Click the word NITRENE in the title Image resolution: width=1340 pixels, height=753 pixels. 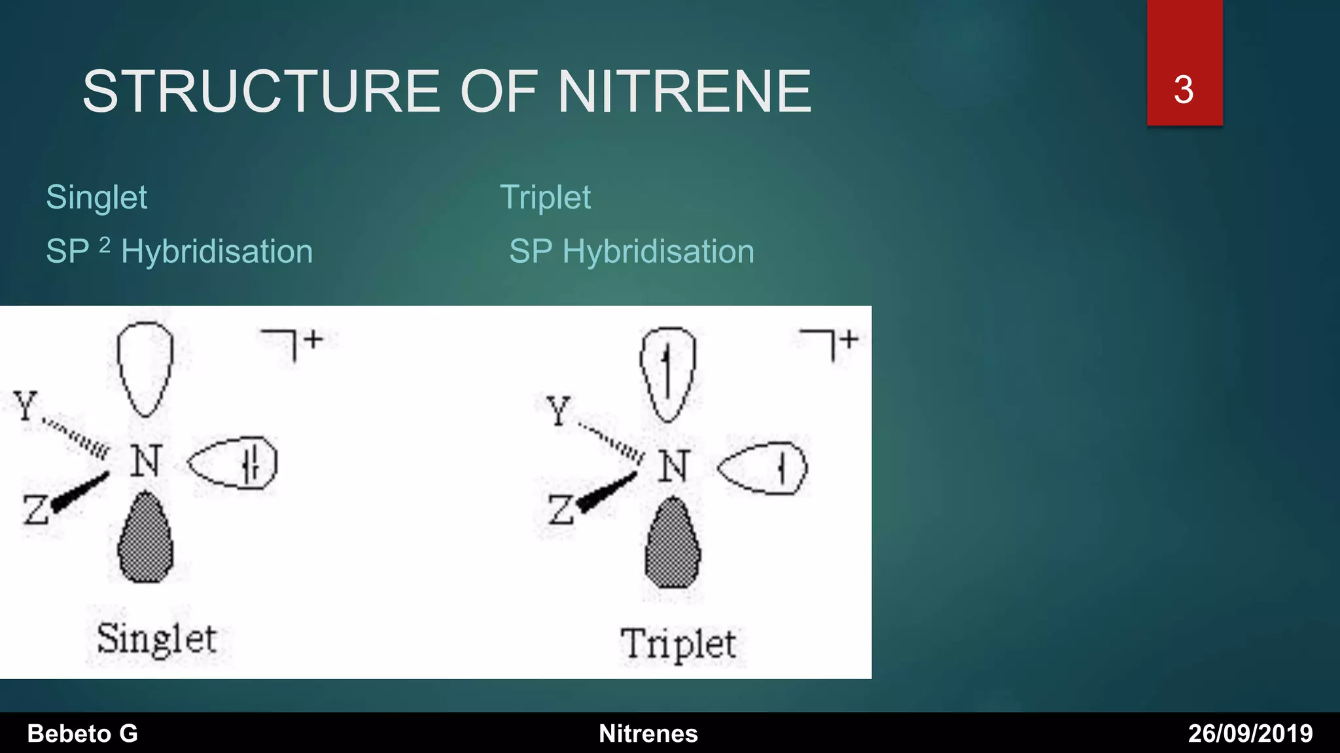tap(684, 92)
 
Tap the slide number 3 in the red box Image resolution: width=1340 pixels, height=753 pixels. tap(1184, 90)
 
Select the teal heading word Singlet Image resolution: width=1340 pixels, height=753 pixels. tap(97, 197)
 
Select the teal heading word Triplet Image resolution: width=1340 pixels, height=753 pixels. tap(545, 197)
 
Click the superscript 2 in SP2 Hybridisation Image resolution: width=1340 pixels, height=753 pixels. tap(105, 245)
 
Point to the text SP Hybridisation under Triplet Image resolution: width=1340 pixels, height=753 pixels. tap(631, 252)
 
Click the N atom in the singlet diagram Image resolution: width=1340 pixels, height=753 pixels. tap(145, 461)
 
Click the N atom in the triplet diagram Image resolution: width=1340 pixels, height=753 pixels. tap(674, 466)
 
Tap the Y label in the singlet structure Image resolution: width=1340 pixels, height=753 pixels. tap(26, 406)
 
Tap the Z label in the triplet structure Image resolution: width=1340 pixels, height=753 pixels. tap(561, 509)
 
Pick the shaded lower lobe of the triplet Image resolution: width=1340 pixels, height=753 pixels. tap(673, 543)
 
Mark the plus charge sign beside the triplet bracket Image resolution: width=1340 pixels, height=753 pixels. tap(849, 339)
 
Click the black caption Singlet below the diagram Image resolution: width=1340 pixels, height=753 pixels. tap(156, 639)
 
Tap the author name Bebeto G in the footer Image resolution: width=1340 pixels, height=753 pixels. tap(82, 733)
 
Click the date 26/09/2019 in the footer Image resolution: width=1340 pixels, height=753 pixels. tap(1250, 733)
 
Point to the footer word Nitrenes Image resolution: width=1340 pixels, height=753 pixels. tap(648, 733)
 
